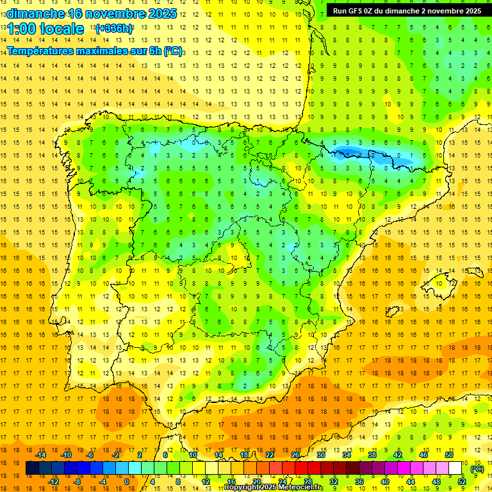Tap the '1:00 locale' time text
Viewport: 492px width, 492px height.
pyautogui.click(x=45, y=29)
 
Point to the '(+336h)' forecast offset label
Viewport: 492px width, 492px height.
pyautogui.click(x=114, y=28)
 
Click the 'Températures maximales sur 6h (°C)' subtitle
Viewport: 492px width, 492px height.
pyautogui.click(x=94, y=51)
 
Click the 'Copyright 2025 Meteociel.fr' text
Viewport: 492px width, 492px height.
pyautogui.click(x=274, y=488)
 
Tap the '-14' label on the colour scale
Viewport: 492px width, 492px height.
pyautogui.click(x=40, y=455)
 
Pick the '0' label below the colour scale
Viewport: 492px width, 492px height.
pyautogui.click(x=126, y=482)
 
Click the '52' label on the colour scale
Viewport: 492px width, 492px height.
pyautogui.click(x=462, y=482)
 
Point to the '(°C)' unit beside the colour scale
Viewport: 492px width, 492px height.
pyautogui.click(x=477, y=469)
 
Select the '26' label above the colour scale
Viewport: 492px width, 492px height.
pyautogui.click(x=295, y=455)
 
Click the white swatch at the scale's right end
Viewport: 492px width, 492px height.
pyautogui.click(x=455, y=468)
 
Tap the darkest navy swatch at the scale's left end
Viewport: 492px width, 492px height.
pyautogui.click(x=32, y=468)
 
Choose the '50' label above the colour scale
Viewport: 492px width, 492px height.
pyautogui.click(x=449, y=455)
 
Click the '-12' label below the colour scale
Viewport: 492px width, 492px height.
pyautogui.click(x=53, y=482)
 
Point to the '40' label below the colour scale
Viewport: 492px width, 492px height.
pyautogui.click(x=385, y=482)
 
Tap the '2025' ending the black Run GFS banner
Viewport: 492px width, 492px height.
pyautogui.click(x=473, y=10)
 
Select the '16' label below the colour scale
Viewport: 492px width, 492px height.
pyautogui.click(x=231, y=482)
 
